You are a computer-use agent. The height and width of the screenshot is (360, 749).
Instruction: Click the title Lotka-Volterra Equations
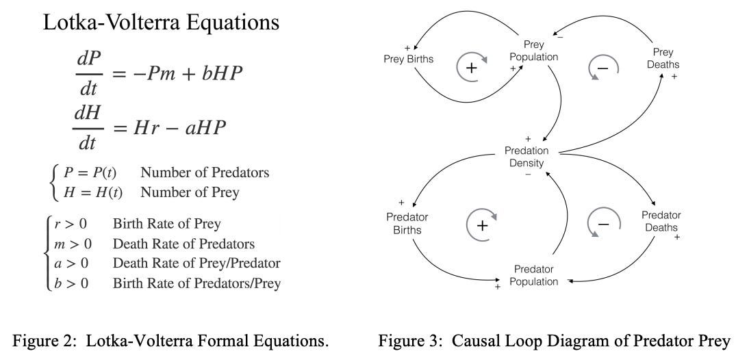(x=161, y=23)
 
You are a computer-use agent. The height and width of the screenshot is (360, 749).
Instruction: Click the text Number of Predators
(x=205, y=172)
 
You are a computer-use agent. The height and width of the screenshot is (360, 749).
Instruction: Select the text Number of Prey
(x=190, y=192)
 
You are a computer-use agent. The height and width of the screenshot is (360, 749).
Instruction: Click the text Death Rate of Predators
(x=183, y=244)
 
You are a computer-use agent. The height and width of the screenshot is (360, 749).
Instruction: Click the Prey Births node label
(x=408, y=59)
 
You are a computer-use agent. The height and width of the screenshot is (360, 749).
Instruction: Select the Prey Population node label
(x=533, y=51)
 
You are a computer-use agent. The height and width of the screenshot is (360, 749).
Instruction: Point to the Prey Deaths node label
(x=662, y=58)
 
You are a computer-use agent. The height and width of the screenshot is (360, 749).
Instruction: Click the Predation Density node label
(x=526, y=157)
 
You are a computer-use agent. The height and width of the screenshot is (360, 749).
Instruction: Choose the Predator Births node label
(x=407, y=223)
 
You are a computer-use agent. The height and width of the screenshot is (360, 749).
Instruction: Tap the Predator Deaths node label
(x=661, y=222)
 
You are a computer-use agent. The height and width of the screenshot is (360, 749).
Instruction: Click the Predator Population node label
(x=533, y=275)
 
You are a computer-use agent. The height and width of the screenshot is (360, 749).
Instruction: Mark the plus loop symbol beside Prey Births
(x=471, y=67)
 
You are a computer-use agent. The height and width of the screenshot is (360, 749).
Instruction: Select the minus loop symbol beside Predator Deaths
(x=603, y=224)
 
